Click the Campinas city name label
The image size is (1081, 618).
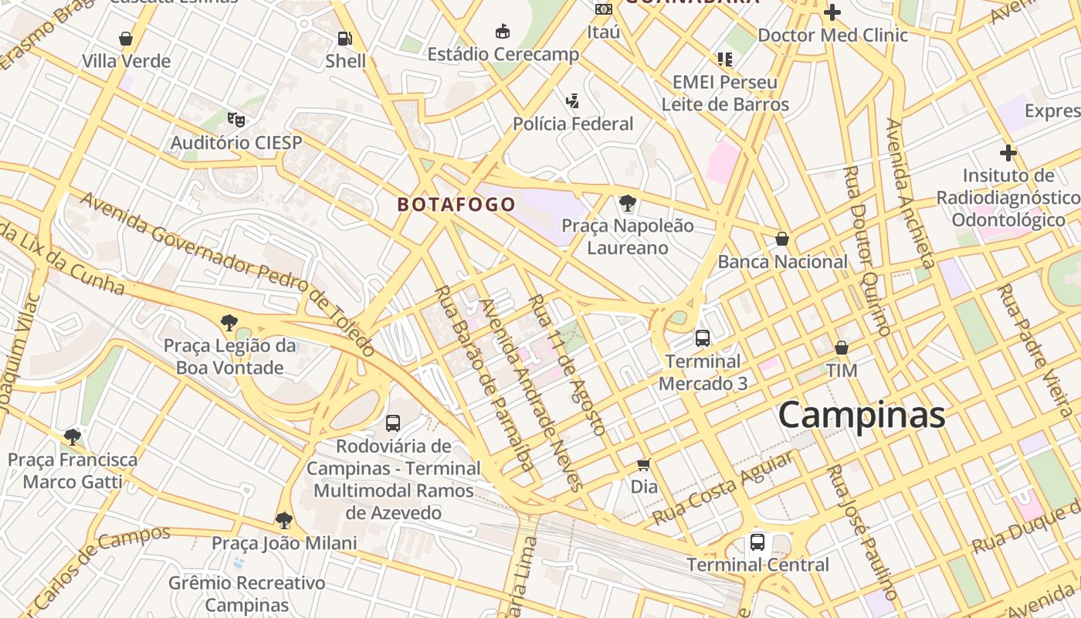pyautogui.click(x=861, y=415)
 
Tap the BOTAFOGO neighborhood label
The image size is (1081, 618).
pyautogui.click(x=456, y=205)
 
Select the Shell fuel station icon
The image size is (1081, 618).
pyautogui.click(x=345, y=38)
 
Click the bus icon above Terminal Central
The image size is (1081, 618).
pyautogui.click(x=757, y=542)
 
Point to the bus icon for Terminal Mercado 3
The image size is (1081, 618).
pyautogui.click(x=703, y=338)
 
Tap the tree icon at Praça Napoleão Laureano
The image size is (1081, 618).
pyautogui.click(x=628, y=204)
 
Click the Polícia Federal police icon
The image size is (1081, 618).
pyautogui.click(x=572, y=100)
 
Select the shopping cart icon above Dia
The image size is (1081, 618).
pyautogui.click(x=644, y=464)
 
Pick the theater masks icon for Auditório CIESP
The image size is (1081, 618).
pyautogui.click(x=236, y=120)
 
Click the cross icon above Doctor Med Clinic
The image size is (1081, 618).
pyautogui.click(x=832, y=12)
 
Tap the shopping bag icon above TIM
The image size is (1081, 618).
pyautogui.click(x=842, y=348)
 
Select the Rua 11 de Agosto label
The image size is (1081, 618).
pyautogui.click(x=566, y=364)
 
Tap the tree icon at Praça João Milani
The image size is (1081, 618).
pyautogui.click(x=284, y=520)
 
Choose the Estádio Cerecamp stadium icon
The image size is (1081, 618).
pyautogui.click(x=503, y=31)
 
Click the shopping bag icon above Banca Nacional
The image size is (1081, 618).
pyautogui.click(x=782, y=239)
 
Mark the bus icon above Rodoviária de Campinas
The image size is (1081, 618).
pyautogui.click(x=393, y=423)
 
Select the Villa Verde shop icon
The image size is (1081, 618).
pyautogui.click(x=126, y=38)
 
